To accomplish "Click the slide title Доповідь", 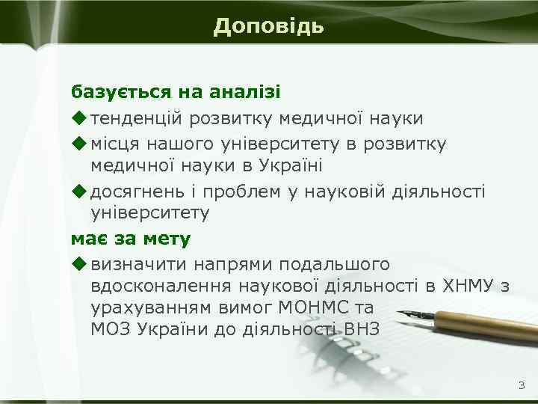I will tap(268, 26).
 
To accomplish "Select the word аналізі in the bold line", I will tap(250, 92).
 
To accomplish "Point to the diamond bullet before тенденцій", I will tap(78, 117).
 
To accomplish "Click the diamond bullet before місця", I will tap(78, 142).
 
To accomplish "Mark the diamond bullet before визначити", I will tap(78, 264).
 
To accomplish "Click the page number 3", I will tap(521, 386).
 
